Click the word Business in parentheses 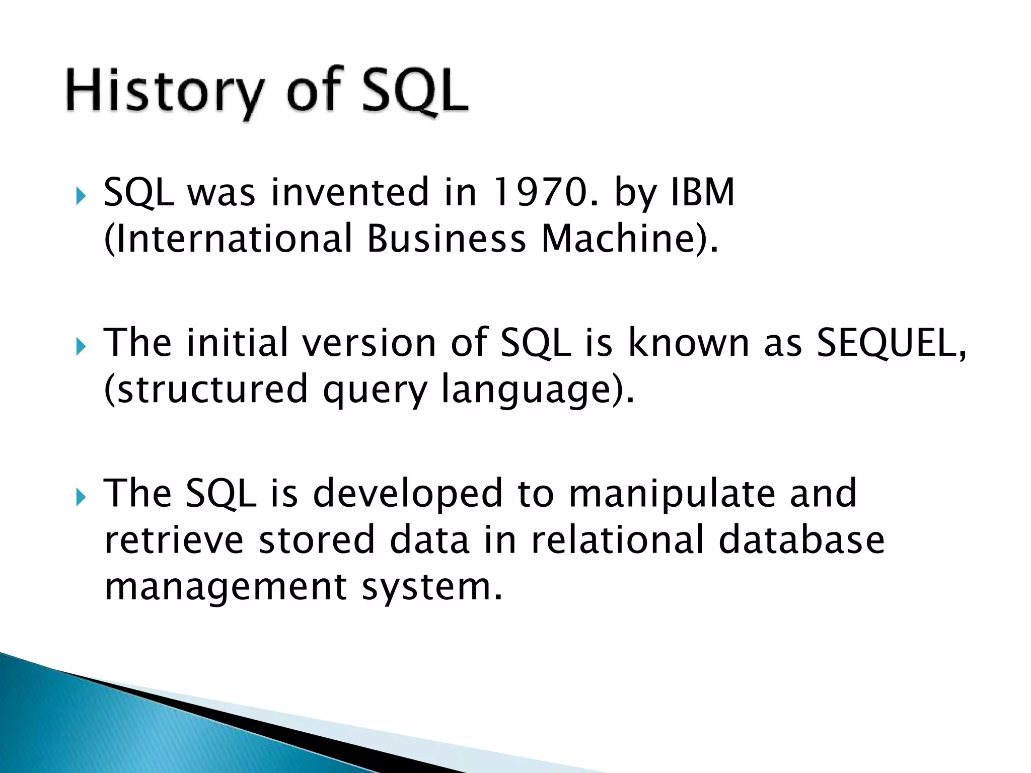pos(446,239)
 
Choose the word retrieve pos(174,539)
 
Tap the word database pos(801,539)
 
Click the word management pos(226,587)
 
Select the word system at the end pos(431,587)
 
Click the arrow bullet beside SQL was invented pos(81,196)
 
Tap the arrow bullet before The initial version pos(81,346)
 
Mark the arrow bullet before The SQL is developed pos(81,497)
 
